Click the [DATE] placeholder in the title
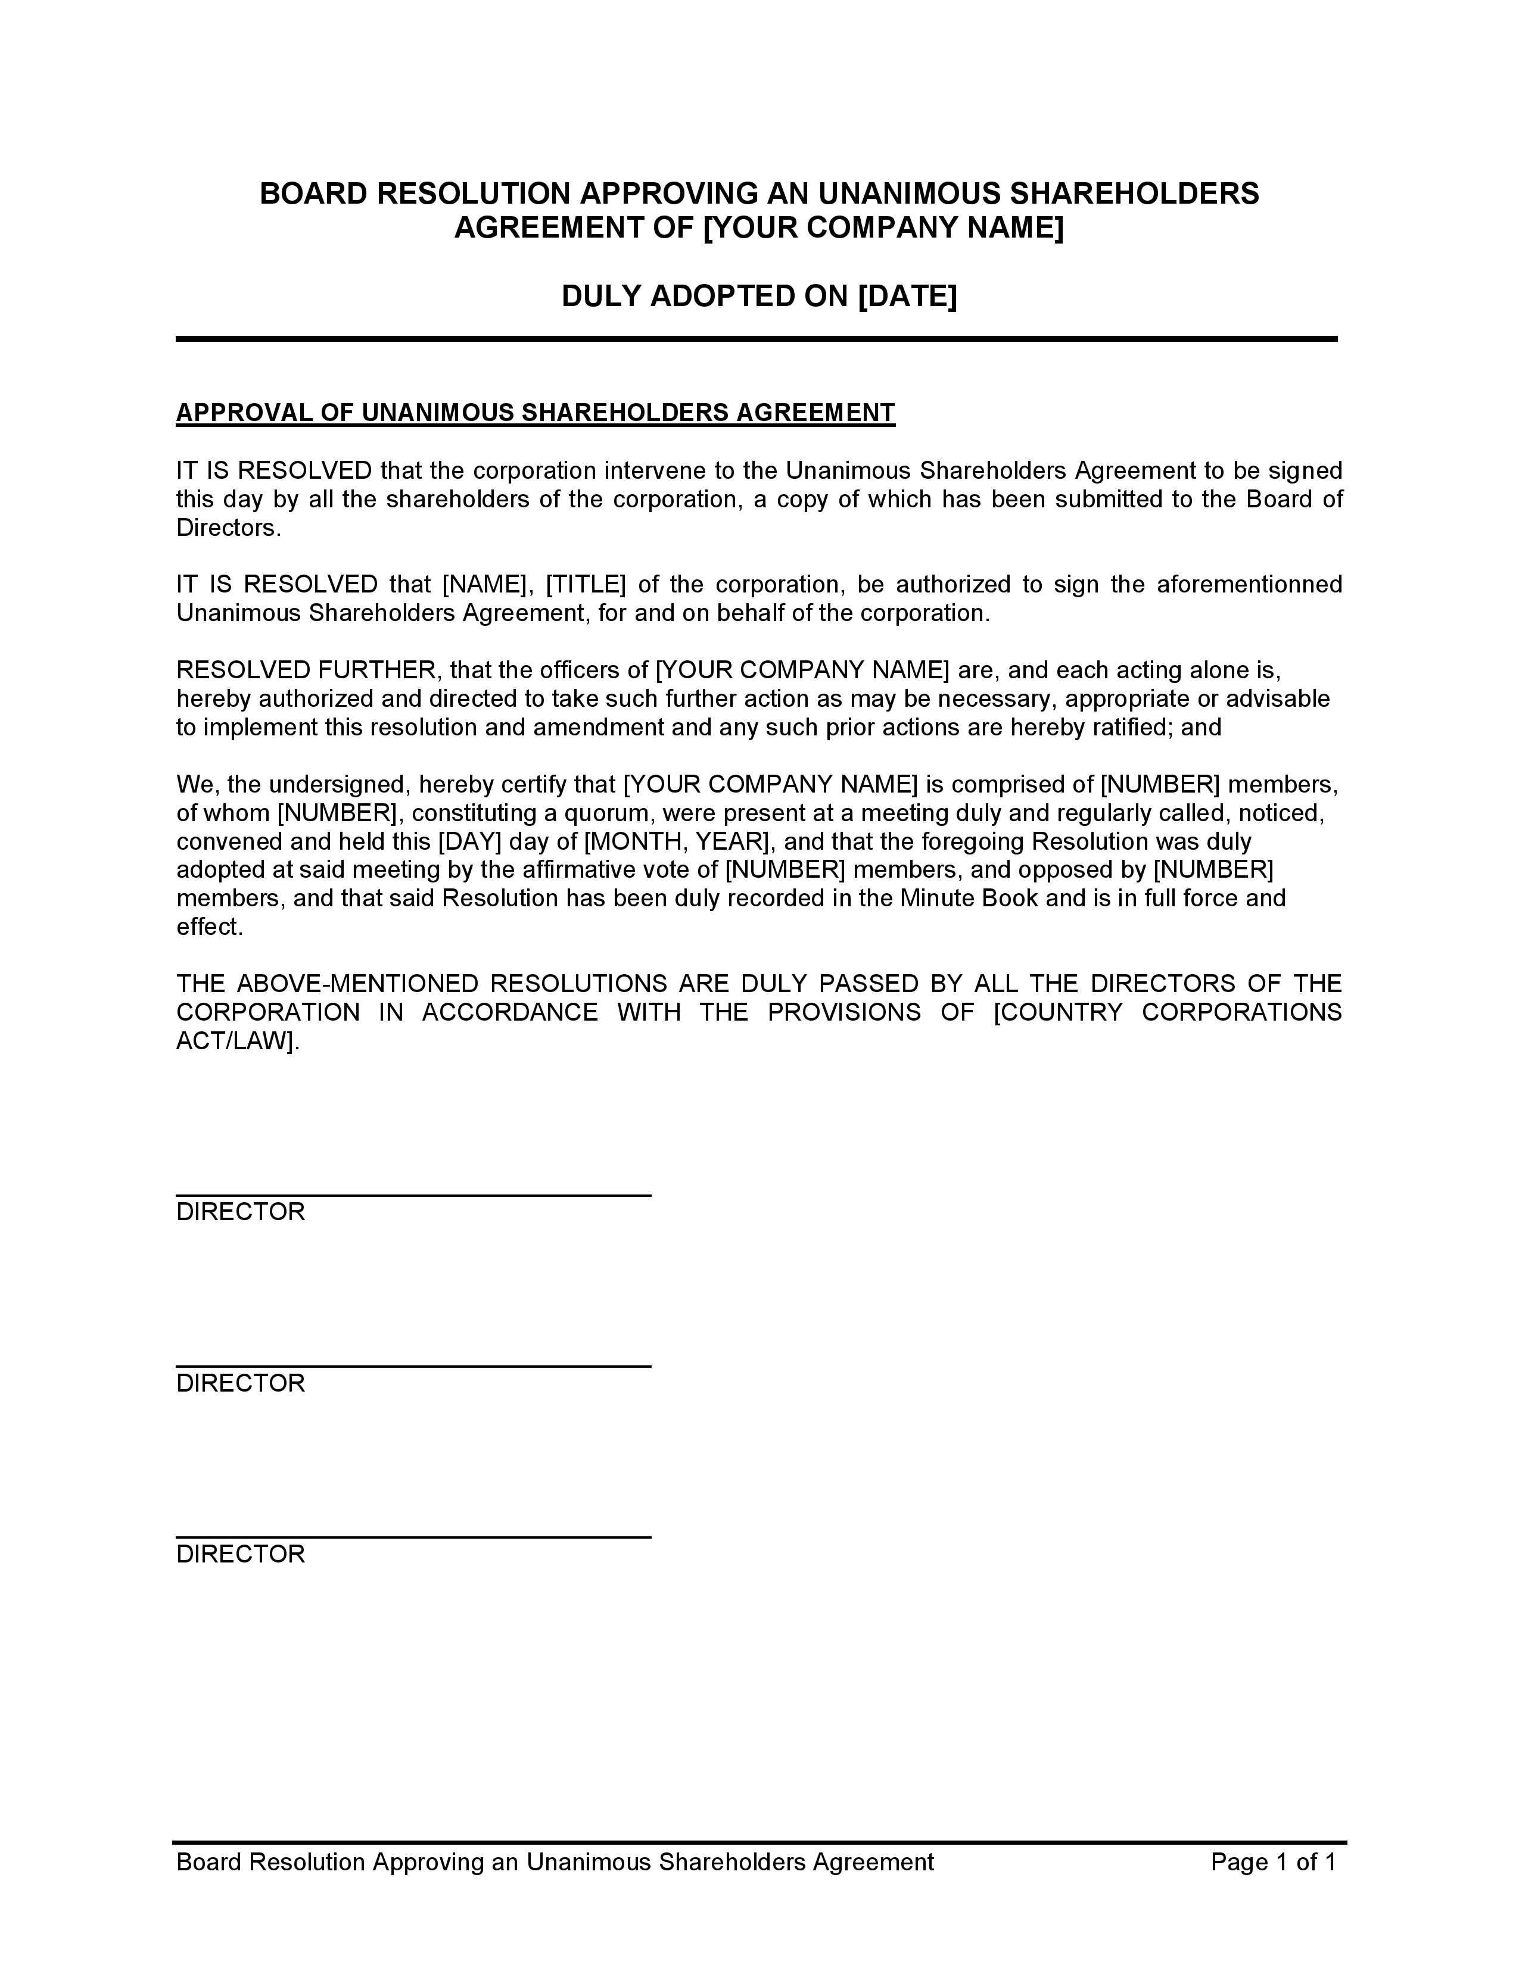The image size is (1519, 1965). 907,296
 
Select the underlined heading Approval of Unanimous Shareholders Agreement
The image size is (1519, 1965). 536,413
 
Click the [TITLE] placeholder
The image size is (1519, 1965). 585,585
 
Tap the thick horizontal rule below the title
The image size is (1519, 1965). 757,339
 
